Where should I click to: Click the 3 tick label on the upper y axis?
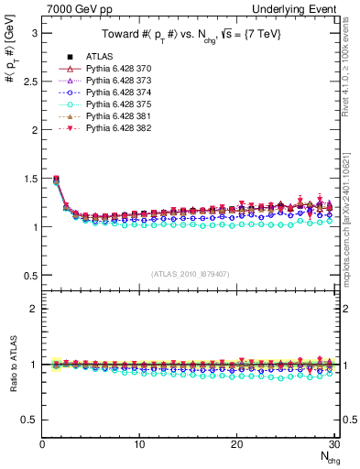coord(34,33)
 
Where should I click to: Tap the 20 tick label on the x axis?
coord(237,444)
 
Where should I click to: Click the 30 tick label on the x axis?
coord(334,444)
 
